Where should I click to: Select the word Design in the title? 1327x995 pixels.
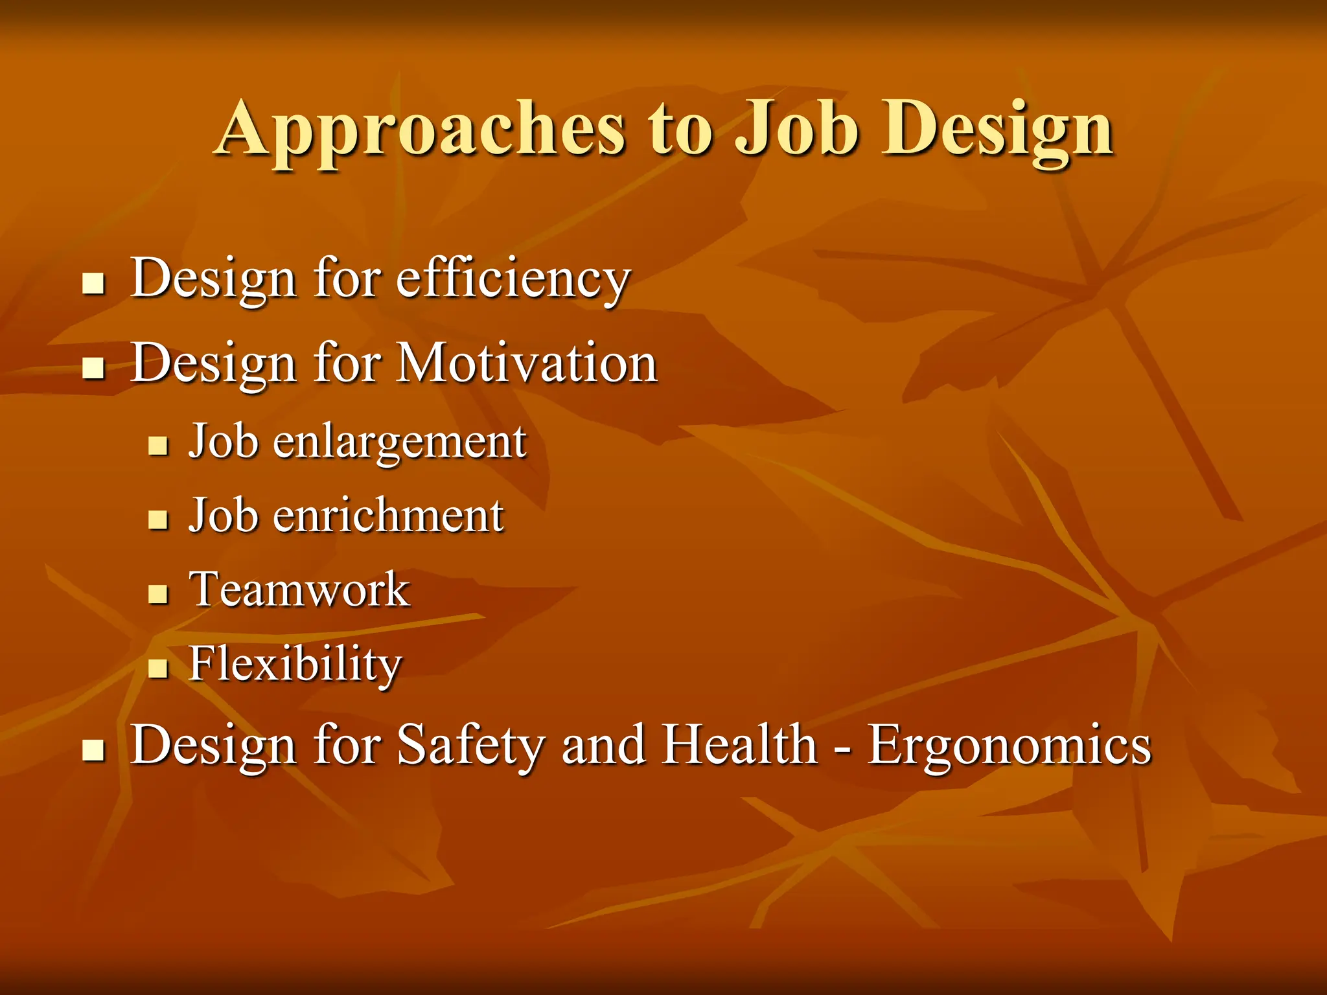point(998,130)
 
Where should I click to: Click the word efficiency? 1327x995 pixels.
point(513,279)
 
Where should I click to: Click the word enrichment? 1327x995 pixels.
point(387,516)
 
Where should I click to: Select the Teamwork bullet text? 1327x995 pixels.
point(299,590)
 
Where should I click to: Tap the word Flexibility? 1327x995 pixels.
point(295,665)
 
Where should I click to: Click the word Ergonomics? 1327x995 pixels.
point(1010,745)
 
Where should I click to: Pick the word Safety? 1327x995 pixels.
point(470,745)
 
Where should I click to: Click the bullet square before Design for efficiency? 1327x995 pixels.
point(94,284)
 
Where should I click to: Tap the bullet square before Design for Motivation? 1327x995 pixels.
point(94,368)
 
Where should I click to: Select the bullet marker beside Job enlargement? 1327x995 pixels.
point(158,446)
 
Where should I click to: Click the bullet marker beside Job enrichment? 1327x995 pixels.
point(158,520)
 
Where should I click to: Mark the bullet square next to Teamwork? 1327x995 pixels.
point(158,594)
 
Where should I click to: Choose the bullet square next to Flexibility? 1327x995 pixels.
point(158,668)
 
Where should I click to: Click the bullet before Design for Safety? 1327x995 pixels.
point(94,750)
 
